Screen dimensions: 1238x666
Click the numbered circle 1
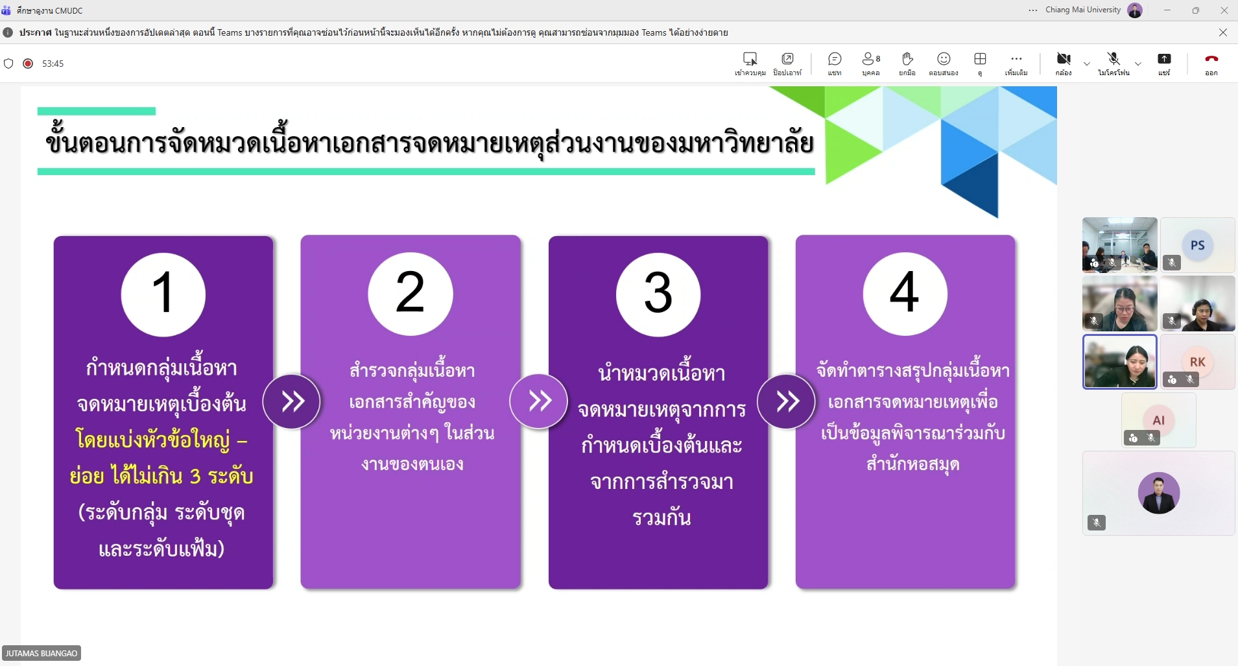pos(163,294)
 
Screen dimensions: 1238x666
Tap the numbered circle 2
pos(411,294)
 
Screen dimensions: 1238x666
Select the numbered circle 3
pos(658,294)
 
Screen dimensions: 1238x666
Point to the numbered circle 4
pos(905,294)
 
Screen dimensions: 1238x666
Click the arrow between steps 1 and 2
pos(292,401)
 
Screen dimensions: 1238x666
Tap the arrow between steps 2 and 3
pos(539,401)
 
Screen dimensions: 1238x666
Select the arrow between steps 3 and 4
pos(787,401)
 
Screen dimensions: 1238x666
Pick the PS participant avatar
pos(1198,245)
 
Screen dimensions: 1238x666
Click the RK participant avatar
pos(1198,362)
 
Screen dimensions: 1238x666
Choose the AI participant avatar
pos(1159,420)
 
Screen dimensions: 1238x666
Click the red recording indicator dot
pos(28,64)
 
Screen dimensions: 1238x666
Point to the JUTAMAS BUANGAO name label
pos(42,653)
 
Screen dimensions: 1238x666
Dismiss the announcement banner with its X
pos(1223,32)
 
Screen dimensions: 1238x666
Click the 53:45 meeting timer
pos(53,64)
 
